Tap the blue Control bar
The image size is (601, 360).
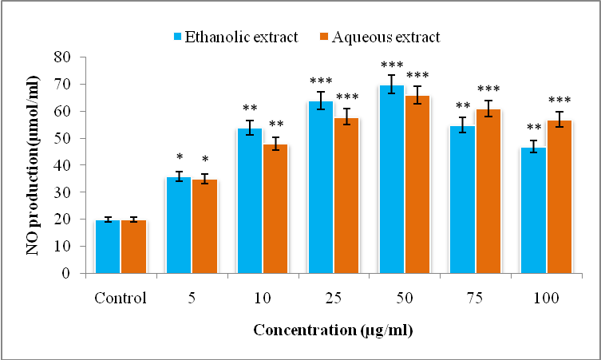pyautogui.click(x=107, y=247)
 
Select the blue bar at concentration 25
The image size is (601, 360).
pyautogui.click(x=320, y=188)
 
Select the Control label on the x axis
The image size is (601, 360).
pyautogui.click(x=121, y=299)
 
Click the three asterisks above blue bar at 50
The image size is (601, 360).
pyautogui.click(x=391, y=65)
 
